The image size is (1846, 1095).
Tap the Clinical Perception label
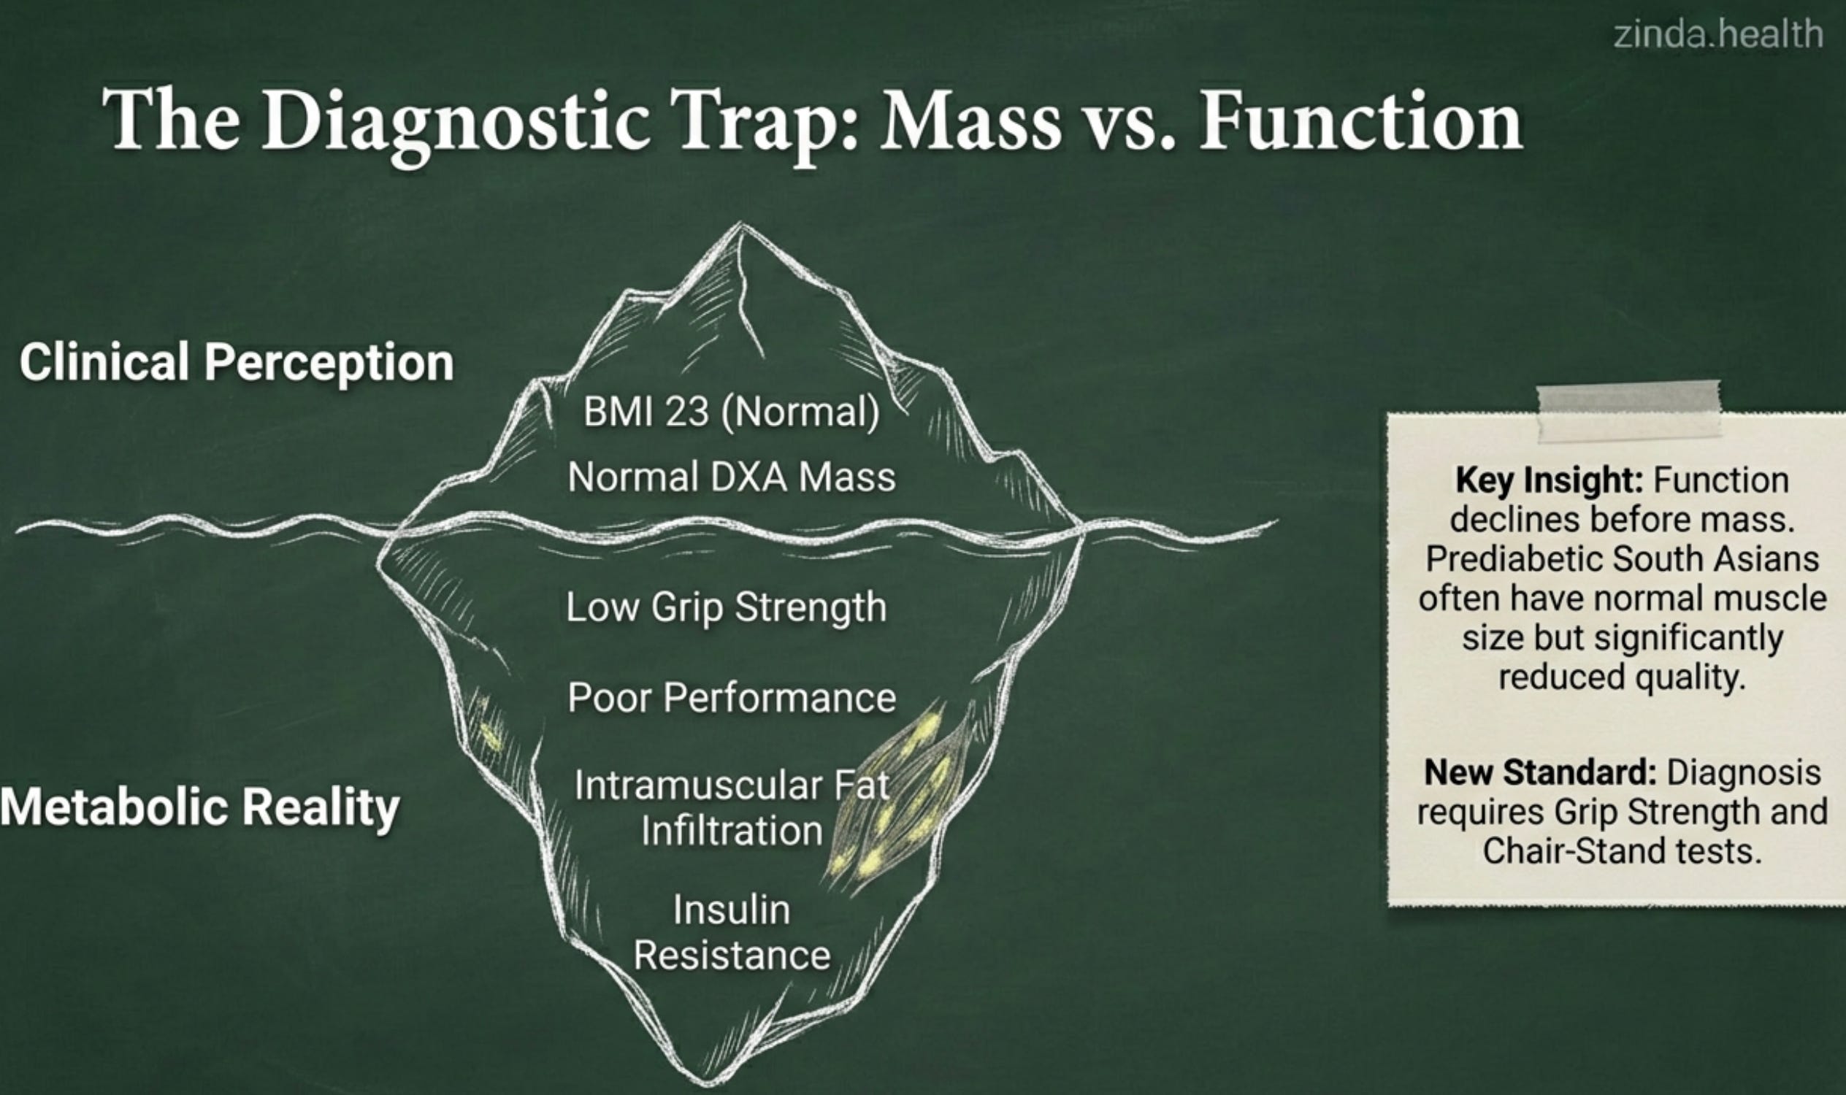[236, 362]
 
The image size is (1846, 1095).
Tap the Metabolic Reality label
[199, 807]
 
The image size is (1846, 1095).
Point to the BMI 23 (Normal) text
[731, 411]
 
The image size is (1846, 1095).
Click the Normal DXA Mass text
[731, 476]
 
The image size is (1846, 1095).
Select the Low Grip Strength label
[727, 607]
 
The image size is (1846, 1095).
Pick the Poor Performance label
[731, 697]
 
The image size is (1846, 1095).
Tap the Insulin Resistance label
[731, 933]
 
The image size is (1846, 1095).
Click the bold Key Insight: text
[1549, 480]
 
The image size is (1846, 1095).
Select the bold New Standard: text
[1540, 772]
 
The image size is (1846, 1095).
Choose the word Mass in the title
[970, 120]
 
